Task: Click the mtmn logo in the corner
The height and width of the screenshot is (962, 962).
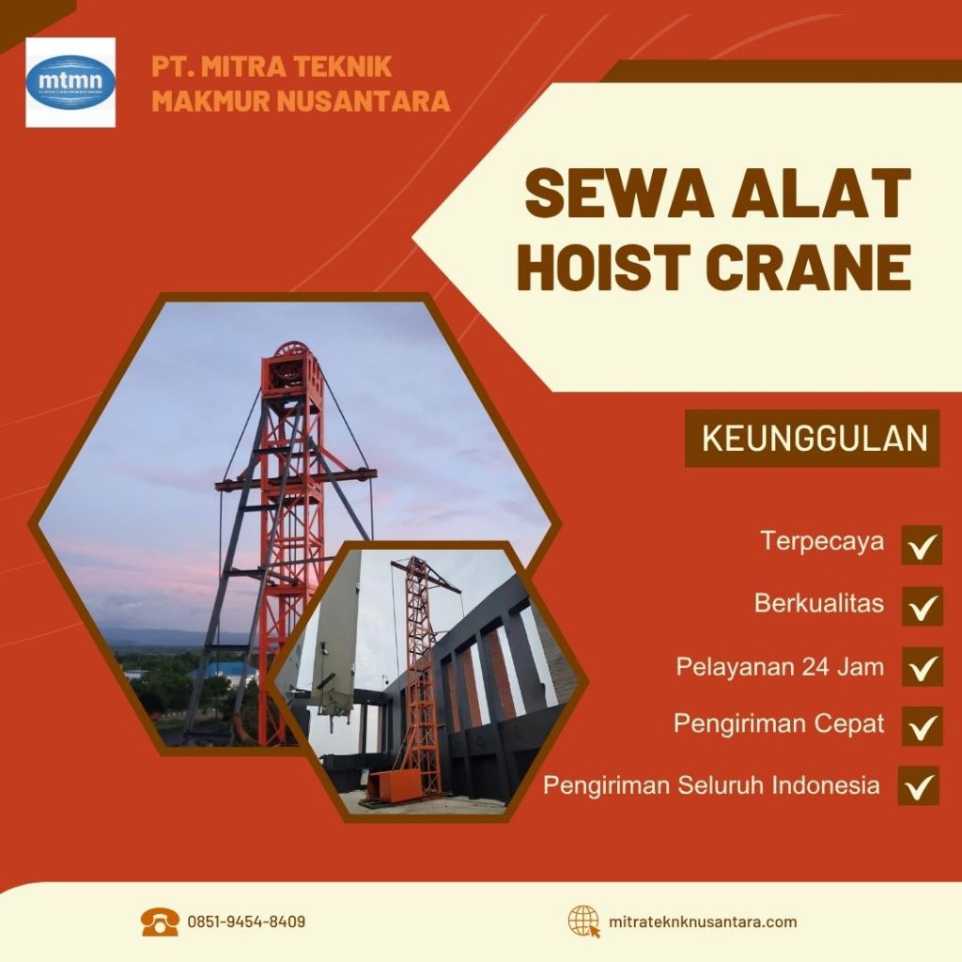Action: click(70, 83)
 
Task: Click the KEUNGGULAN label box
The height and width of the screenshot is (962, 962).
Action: click(813, 439)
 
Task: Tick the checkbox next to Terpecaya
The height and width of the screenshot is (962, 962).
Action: click(922, 545)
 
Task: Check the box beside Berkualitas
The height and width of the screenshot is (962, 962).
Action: click(922, 606)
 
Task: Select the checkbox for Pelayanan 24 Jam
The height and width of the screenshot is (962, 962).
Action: click(922, 667)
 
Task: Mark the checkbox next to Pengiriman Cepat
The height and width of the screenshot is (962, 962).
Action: click(922, 725)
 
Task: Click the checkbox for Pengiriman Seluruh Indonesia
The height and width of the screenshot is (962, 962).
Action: click(918, 785)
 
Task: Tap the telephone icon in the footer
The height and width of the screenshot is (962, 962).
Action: click(160, 922)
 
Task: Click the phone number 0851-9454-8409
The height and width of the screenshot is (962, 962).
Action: click(246, 922)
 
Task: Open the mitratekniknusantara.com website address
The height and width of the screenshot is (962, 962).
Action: click(703, 922)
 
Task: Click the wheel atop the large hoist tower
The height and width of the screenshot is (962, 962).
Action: click(292, 358)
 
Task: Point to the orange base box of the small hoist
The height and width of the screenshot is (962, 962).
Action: click(393, 785)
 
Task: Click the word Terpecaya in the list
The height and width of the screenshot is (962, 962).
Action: click(822, 542)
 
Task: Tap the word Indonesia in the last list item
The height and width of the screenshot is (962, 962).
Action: click(826, 784)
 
